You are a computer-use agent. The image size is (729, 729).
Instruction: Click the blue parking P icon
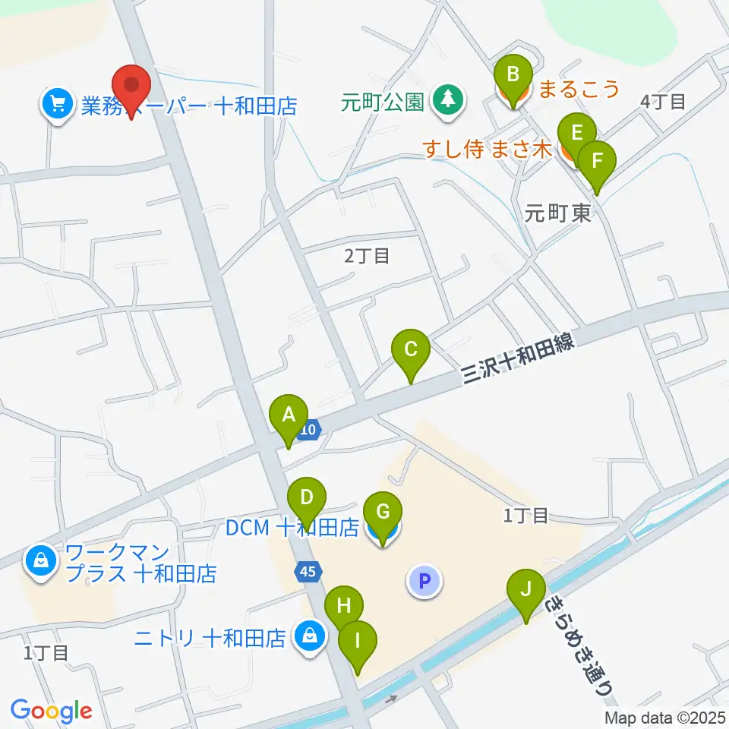424,582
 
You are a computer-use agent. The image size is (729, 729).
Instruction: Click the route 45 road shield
308,571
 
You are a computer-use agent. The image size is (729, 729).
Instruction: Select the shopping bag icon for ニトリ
309,636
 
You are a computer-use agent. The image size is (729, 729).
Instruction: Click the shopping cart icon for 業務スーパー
58,104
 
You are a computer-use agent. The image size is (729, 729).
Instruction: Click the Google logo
50,711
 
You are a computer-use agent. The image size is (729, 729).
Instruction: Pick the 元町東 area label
557,215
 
